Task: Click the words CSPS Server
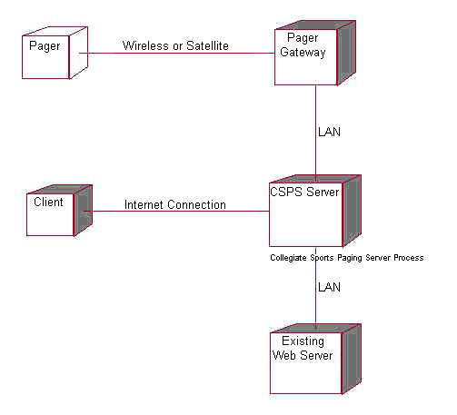304,192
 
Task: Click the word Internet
144,205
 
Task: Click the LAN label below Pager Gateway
329,132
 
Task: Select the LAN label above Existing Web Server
329,287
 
